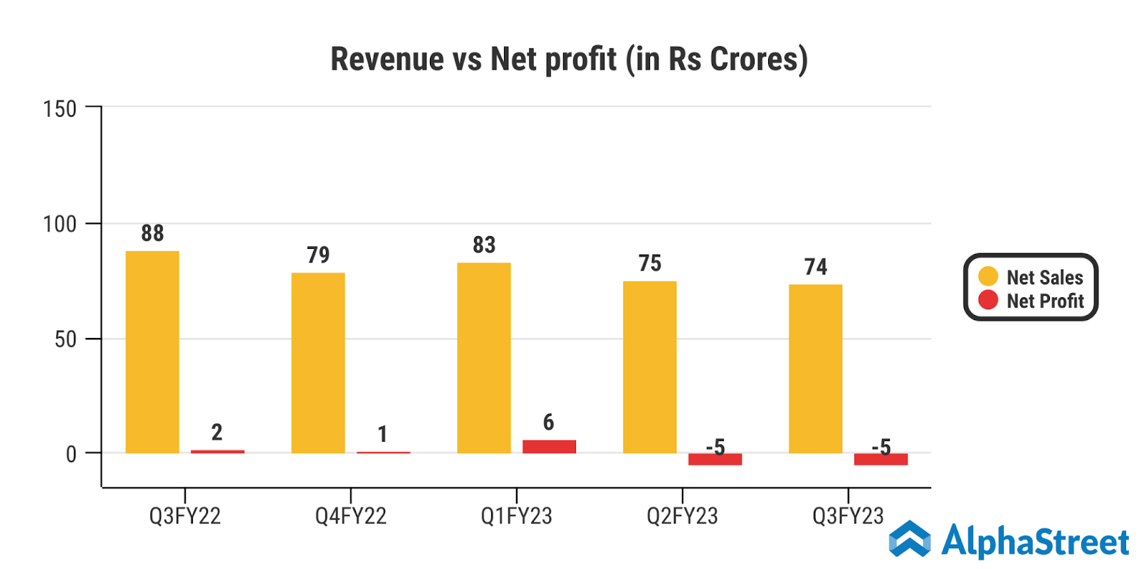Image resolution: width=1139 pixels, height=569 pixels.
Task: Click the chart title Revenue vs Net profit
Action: pos(569,59)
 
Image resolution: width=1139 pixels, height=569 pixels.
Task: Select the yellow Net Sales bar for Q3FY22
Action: pos(152,352)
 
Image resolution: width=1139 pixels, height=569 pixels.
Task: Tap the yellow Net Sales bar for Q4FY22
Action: pos(318,363)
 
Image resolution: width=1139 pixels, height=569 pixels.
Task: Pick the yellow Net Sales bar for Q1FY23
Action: pos(484,358)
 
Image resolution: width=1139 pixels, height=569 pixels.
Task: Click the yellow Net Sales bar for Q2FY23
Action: pos(650,367)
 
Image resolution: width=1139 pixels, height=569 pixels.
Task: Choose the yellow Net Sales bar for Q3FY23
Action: pos(816,368)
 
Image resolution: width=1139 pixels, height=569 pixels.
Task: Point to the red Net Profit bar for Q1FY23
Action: pos(549,447)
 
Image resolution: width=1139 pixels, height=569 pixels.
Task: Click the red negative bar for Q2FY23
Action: pos(715,459)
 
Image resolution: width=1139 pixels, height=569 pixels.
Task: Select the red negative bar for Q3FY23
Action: pos(881,459)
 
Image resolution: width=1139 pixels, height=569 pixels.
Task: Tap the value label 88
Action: pos(152,233)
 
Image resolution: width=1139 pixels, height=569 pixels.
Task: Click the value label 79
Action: pos(318,255)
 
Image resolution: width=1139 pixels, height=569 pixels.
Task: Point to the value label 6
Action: pos(548,422)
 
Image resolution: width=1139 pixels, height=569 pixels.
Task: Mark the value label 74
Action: pos(816,267)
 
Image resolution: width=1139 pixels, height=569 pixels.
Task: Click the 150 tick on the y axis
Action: pos(60,109)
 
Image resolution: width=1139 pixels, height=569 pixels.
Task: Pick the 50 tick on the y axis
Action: pos(65,339)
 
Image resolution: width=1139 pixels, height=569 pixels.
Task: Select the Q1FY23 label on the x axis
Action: pos(516,516)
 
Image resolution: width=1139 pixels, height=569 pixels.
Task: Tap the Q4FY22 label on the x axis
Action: pos(351,516)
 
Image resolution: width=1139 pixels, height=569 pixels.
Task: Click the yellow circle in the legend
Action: pos(988,276)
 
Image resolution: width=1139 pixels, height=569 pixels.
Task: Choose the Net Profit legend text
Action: pos(1045,301)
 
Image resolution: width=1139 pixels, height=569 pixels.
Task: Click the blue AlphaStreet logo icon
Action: pos(910,539)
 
